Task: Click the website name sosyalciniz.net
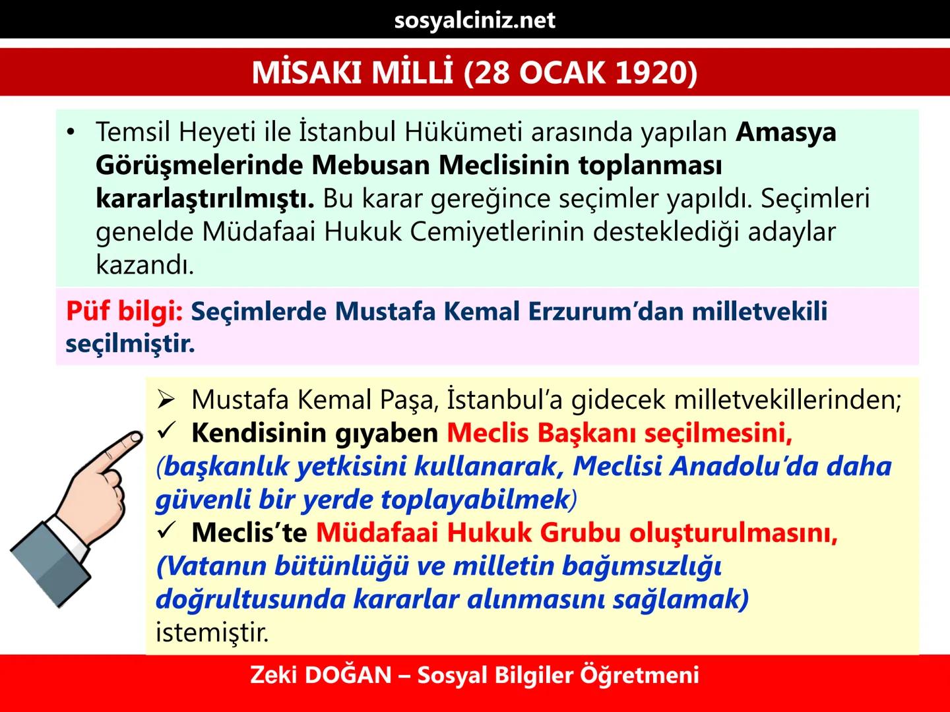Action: click(474, 20)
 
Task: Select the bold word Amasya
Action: click(786, 132)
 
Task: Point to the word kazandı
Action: click(144, 264)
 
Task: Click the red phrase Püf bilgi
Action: click(124, 311)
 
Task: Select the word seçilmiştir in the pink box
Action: click(130, 343)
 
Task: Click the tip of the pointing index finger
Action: click(136, 437)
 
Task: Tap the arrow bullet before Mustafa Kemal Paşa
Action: click(166, 400)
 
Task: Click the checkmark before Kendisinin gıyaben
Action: click(166, 432)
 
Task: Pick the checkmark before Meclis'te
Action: click(166, 531)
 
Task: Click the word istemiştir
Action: click(212, 632)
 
